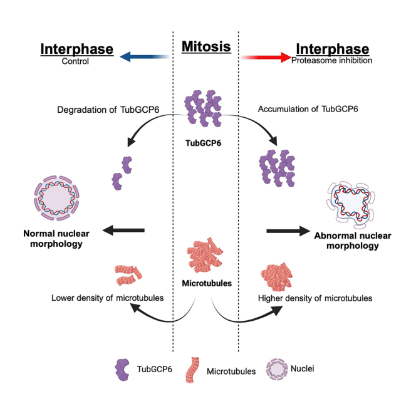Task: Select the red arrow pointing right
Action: click(266, 56)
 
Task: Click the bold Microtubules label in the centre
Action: click(206, 283)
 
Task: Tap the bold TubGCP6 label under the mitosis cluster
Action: click(205, 142)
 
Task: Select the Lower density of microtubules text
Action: click(108, 298)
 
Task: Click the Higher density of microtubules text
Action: click(315, 298)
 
